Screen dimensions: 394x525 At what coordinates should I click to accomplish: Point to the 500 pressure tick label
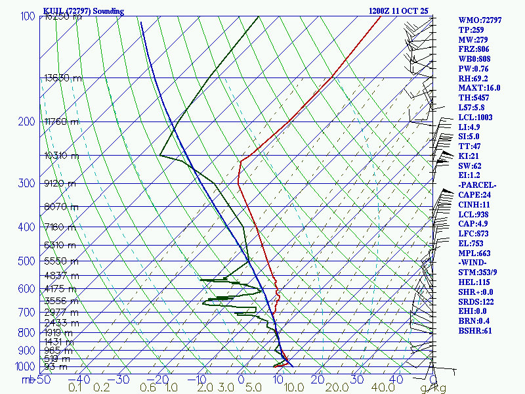[27, 262]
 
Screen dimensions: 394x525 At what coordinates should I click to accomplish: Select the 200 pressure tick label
[27, 122]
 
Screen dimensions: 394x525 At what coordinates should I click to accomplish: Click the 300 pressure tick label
[27, 183]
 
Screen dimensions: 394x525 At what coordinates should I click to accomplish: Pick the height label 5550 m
[60, 261]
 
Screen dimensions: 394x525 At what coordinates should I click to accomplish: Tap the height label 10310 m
[61, 156]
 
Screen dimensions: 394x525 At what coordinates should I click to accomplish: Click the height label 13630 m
[63, 78]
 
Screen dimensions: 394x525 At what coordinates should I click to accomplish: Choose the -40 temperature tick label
[79, 380]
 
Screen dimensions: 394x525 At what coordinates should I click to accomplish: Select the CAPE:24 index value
[474, 195]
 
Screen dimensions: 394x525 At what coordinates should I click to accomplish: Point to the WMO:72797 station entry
[480, 20]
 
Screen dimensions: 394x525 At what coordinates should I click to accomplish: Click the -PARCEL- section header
[477, 185]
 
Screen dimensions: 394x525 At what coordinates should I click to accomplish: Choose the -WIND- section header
[474, 263]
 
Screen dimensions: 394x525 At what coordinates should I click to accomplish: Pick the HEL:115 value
[472, 282]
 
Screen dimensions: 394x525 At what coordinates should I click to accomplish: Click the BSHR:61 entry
[474, 331]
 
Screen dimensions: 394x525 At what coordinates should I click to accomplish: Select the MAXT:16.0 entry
[479, 88]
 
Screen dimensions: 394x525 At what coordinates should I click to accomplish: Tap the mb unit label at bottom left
[28, 380]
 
